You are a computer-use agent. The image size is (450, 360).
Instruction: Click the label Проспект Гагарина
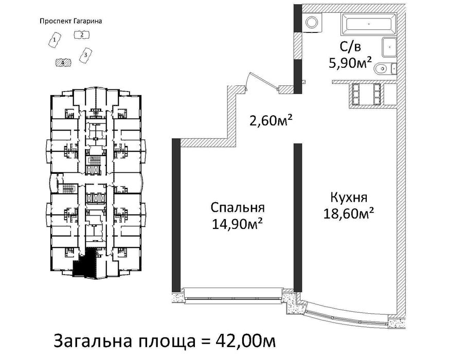click(70, 21)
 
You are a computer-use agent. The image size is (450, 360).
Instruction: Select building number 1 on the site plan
click(55, 41)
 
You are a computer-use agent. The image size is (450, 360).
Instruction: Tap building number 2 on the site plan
click(81, 35)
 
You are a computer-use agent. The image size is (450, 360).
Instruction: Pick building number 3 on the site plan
click(85, 56)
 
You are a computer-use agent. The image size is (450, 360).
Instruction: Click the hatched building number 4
click(63, 62)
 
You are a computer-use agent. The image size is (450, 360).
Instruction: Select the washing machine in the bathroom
click(313, 22)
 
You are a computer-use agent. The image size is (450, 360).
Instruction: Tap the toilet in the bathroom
click(386, 68)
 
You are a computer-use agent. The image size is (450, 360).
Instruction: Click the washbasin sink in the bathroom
click(389, 47)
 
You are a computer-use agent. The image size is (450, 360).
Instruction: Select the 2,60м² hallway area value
click(271, 120)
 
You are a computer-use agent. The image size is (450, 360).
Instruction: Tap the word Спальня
click(237, 208)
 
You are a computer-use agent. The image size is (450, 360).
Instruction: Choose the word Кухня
click(349, 197)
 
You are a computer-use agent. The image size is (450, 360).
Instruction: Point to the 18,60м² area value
click(349, 213)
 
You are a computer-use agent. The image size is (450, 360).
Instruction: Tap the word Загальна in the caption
click(92, 341)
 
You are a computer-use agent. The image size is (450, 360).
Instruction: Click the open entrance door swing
click(263, 82)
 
